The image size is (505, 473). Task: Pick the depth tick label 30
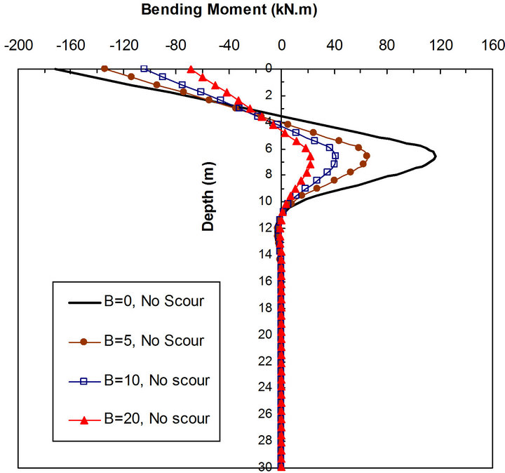(x=265, y=467)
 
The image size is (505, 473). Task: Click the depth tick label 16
(x=265, y=281)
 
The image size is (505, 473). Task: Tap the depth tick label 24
(x=265, y=387)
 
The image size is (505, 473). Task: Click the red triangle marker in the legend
(x=83, y=420)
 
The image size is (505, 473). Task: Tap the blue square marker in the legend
(x=83, y=381)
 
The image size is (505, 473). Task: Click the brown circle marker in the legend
(x=83, y=342)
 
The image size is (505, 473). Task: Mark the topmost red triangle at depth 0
(x=191, y=69)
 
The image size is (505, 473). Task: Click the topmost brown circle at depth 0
(x=105, y=69)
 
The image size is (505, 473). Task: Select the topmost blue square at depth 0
(x=144, y=69)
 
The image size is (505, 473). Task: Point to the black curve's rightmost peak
(x=436, y=156)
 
